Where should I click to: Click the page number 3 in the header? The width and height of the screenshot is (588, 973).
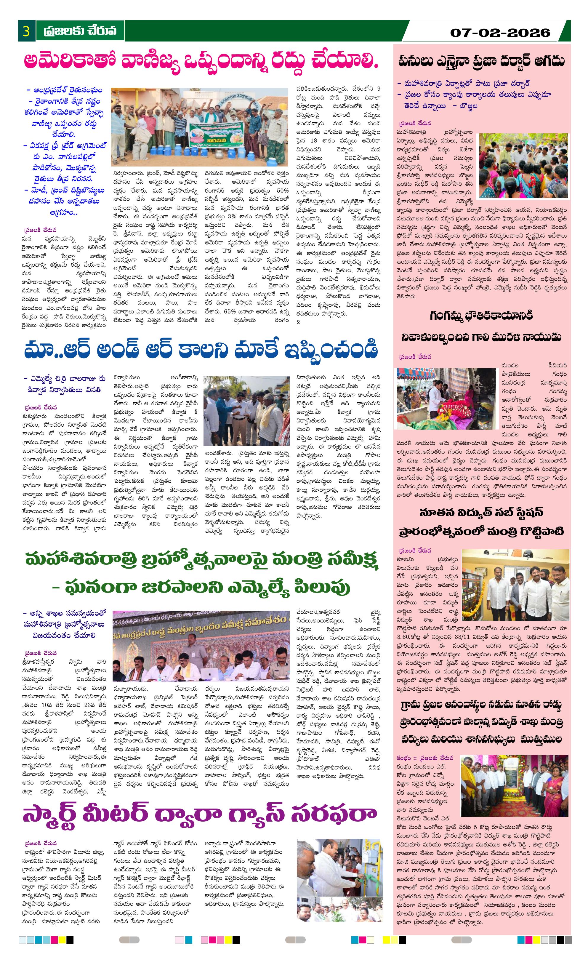[x=26, y=31]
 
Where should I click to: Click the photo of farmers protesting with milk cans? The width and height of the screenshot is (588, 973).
[x=199, y=126]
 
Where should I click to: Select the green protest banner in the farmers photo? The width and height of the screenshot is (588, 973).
[x=216, y=135]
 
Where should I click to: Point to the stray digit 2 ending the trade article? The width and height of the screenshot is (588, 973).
[x=298, y=322]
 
